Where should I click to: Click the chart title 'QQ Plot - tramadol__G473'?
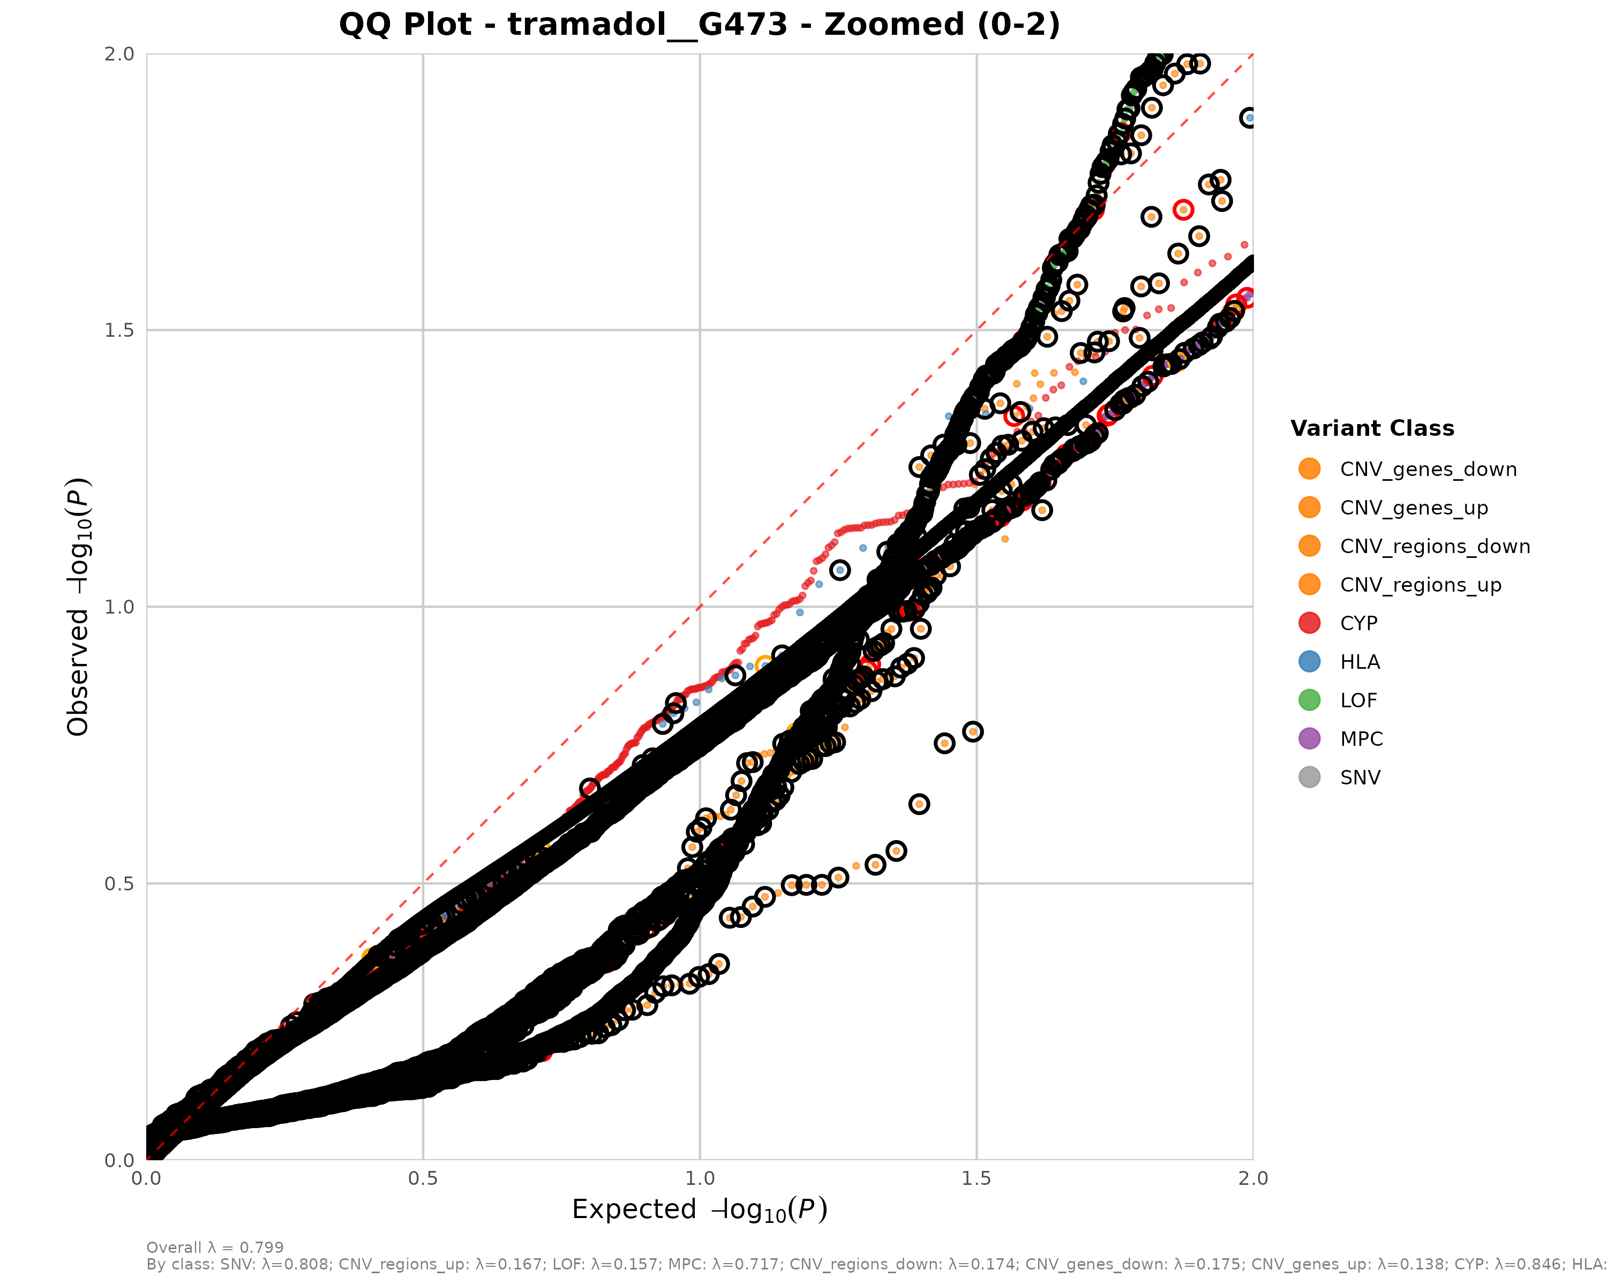pos(699,25)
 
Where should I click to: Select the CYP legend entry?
pos(1358,624)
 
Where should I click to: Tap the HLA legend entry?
pos(1360,662)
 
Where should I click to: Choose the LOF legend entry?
pos(1358,700)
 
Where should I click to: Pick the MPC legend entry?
pos(1361,739)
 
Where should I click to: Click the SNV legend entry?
pos(1360,778)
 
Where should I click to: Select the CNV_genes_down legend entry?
pos(1428,470)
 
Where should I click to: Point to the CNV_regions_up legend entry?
pos(1420,585)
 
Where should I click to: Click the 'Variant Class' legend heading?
pos(1372,428)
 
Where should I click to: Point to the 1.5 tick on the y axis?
pos(119,330)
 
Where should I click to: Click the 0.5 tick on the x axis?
pos(423,1178)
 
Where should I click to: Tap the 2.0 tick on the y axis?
pos(119,54)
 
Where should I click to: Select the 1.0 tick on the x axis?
pos(700,1178)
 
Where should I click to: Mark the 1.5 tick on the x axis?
pos(977,1178)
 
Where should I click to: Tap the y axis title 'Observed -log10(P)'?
pos(78,607)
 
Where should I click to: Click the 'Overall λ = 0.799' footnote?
pos(215,1248)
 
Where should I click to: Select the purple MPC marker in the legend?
pos(1309,739)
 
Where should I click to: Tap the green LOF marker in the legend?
pos(1309,700)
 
